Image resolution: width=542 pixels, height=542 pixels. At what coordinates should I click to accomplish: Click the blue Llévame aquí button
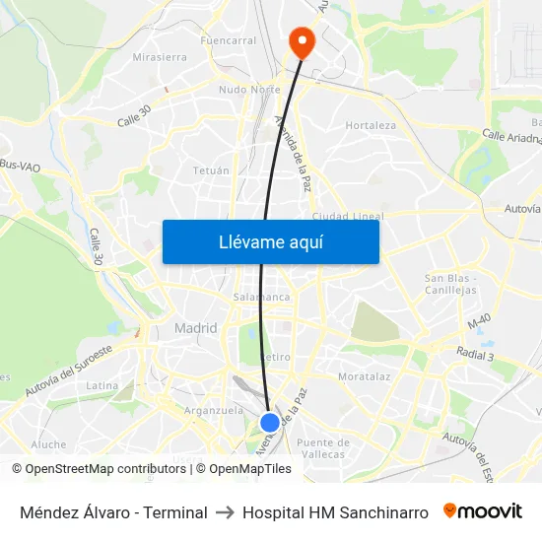[270, 241]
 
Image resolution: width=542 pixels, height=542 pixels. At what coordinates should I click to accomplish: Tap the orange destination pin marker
[300, 42]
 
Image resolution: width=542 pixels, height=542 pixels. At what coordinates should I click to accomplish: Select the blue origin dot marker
[270, 423]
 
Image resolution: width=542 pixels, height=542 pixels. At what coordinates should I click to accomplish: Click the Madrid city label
[195, 328]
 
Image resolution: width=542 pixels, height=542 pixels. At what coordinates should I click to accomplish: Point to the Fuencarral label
[229, 41]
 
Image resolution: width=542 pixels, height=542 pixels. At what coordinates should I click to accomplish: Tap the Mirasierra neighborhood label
[160, 57]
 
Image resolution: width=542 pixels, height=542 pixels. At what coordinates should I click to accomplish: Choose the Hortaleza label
[371, 126]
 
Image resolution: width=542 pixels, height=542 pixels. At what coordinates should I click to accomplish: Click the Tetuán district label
[211, 170]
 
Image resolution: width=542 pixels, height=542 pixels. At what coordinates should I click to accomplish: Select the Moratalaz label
[365, 376]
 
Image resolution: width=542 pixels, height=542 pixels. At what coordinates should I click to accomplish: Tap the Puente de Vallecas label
[322, 447]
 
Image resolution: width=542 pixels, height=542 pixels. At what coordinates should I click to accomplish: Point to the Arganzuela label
[213, 410]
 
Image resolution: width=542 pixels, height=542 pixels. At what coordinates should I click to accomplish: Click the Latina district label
[102, 385]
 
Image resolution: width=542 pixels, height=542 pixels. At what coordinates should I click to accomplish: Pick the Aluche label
[48, 444]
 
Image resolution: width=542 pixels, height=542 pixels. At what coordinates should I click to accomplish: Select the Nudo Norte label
[249, 90]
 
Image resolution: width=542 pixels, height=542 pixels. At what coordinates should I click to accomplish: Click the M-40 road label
[479, 322]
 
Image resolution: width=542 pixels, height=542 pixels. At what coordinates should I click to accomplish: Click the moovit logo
[482, 511]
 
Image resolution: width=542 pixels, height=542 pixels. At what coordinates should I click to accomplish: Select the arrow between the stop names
[225, 512]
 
